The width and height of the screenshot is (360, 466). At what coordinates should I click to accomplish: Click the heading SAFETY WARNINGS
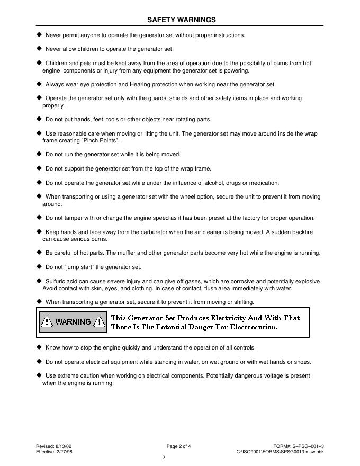pyautogui.click(x=181, y=20)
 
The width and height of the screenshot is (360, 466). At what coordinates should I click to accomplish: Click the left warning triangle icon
pyautogui.click(x=47, y=321)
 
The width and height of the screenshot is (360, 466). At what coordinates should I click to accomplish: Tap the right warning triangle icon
pyautogui.click(x=99, y=321)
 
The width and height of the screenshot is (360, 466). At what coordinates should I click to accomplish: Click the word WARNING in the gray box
pyautogui.click(x=73, y=321)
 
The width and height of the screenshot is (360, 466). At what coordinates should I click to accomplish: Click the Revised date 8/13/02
pyautogui.click(x=64, y=446)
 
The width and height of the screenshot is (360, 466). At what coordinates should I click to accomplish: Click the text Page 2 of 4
pyautogui.click(x=178, y=446)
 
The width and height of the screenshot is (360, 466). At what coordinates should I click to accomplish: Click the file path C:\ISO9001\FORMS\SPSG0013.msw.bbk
pyautogui.click(x=280, y=452)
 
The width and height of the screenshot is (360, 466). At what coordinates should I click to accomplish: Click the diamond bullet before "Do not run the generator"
pyautogui.click(x=39, y=154)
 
